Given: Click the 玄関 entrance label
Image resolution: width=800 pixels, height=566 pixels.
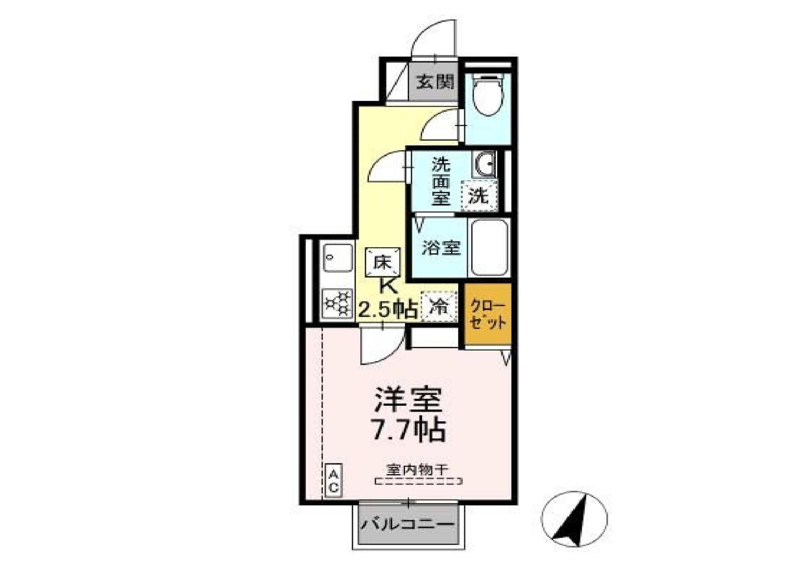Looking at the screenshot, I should coord(435,82).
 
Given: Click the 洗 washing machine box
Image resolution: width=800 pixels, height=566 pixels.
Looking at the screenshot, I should coord(479,195).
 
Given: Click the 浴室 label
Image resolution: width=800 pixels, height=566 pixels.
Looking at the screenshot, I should coord(441,248).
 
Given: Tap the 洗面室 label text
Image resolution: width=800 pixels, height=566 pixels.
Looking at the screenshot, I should coord(440,181).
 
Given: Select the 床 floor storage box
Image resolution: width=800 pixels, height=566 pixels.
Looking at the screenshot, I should coord(382,262).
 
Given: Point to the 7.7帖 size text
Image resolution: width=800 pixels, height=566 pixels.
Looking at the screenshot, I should coord(409,430).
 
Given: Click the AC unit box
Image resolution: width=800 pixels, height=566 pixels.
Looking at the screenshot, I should coord(333,480).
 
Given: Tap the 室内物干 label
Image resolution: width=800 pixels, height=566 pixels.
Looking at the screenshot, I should coord(417,470).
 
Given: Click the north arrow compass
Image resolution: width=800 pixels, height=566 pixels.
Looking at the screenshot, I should coord(574,519).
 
